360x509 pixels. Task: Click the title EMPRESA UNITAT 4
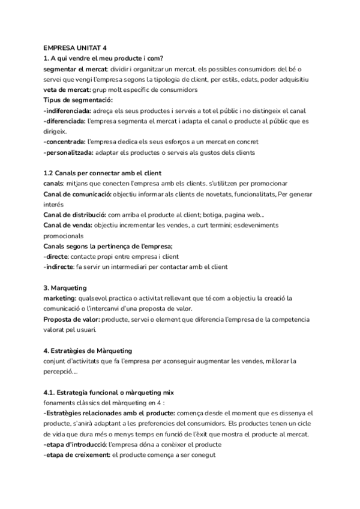(x=76, y=48)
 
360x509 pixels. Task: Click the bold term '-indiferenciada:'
(x=67, y=110)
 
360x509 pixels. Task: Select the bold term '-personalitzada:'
(x=68, y=152)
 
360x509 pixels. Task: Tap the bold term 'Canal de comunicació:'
(x=77, y=194)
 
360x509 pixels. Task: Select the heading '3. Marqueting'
(x=65, y=288)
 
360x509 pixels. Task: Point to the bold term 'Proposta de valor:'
(x=72, y=319)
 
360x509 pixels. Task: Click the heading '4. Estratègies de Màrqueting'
(x=88, y=350)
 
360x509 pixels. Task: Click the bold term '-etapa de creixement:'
(x=77, y=454)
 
